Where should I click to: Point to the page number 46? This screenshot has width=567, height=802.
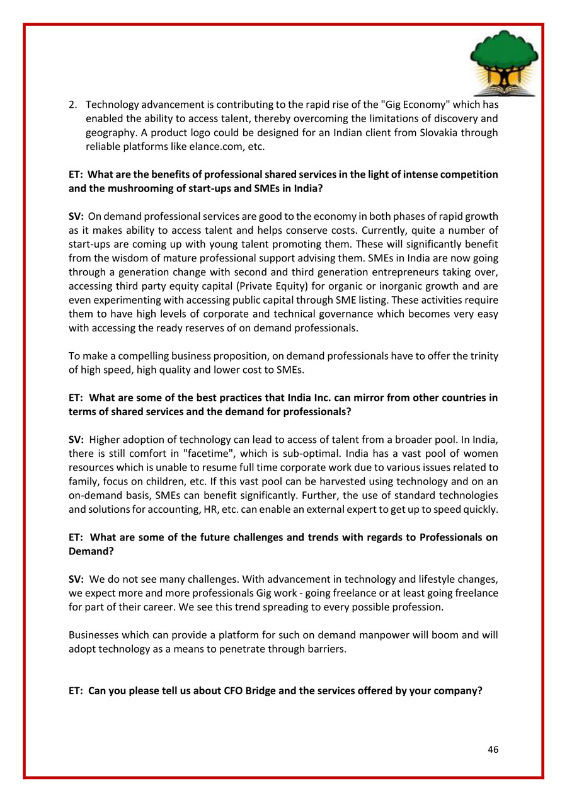tap(493, 750)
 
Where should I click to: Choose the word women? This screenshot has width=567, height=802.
tap(481, 453)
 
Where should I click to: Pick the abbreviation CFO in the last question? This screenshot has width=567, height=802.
tap(236, 690)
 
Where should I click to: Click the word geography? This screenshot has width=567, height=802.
tap(110, 132)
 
